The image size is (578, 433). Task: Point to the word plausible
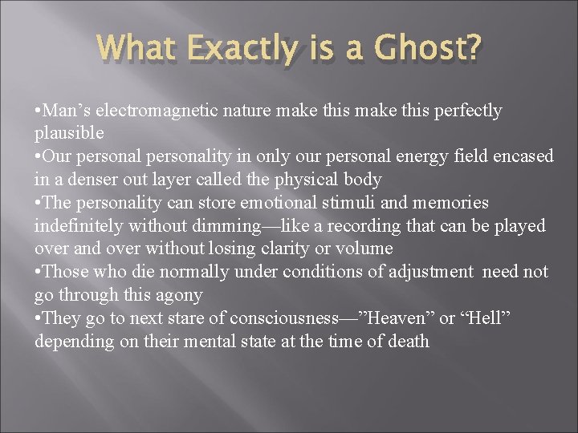pos(68,133)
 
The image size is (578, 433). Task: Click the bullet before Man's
pos(39,111)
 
